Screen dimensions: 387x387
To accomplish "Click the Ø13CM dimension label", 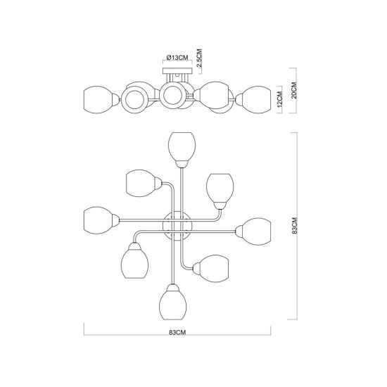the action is click(177, 58).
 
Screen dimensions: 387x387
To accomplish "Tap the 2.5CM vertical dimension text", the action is click(199, 58).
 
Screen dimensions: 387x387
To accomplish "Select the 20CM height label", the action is click(294, 90).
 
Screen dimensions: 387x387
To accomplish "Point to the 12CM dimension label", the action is click(279, 99).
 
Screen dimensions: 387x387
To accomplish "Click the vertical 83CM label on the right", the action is click(294, 226).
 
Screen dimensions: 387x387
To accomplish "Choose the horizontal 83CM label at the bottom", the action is click(177, 332).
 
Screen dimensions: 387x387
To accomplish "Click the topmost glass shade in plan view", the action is click(182, 150).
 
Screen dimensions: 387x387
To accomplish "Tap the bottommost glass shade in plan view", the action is click(173, 302).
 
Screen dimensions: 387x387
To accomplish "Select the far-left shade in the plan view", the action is click(102, 220).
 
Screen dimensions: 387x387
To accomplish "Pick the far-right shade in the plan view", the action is click(253, 231).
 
